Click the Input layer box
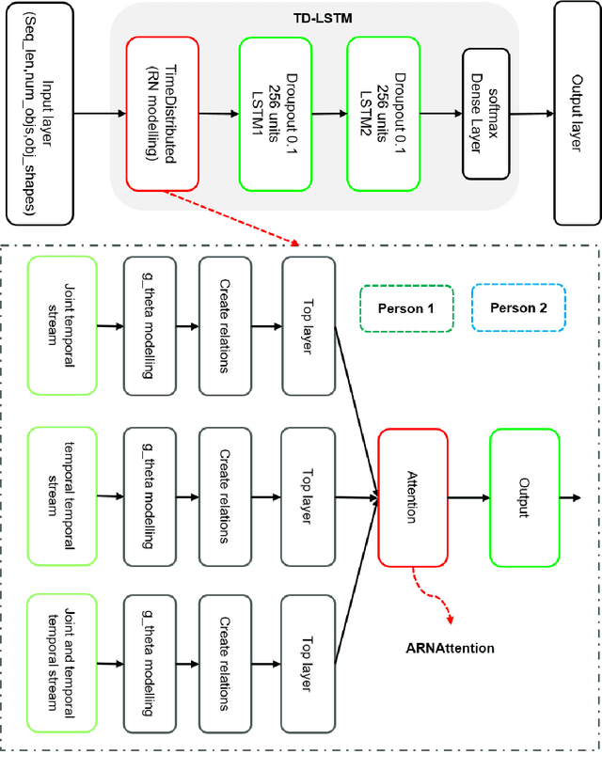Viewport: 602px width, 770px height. [38, 114]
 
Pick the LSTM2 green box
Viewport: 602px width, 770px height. [384, 114]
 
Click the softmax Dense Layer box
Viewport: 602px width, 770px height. [486, 114]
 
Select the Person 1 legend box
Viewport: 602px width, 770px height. [406, 308]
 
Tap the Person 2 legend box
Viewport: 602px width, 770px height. [517, 308]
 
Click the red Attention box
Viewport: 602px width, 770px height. [412, 497]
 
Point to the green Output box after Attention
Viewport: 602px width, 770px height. [524, 497]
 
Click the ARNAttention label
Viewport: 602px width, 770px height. [450, 648]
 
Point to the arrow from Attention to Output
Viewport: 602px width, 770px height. [468, 497]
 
